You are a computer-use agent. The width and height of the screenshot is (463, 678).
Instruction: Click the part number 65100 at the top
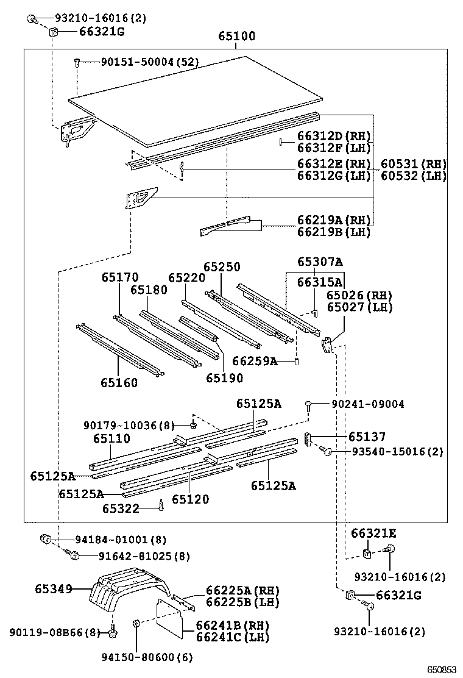(x=237, y=37)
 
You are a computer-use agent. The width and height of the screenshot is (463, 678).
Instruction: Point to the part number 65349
(x=53, y=589)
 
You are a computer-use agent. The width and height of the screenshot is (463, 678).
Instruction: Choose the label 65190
(x=224, y=378)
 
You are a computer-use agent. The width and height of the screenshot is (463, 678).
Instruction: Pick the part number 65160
(x=119, y=383)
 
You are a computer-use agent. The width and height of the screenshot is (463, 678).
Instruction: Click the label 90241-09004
(x=367, y=404)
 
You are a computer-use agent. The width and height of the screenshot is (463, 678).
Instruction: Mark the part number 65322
(x=121, y=508)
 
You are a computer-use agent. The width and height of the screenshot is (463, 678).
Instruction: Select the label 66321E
(x=373, y=533)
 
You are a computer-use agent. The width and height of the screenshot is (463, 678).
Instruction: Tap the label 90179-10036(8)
(x=129, y=425)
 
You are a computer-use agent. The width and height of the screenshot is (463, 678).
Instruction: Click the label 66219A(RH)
(x=334, y=219)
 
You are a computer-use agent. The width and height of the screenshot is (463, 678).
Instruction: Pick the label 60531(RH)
(x=414, y=164)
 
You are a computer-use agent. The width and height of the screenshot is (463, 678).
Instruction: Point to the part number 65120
(x=190, y=499)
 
